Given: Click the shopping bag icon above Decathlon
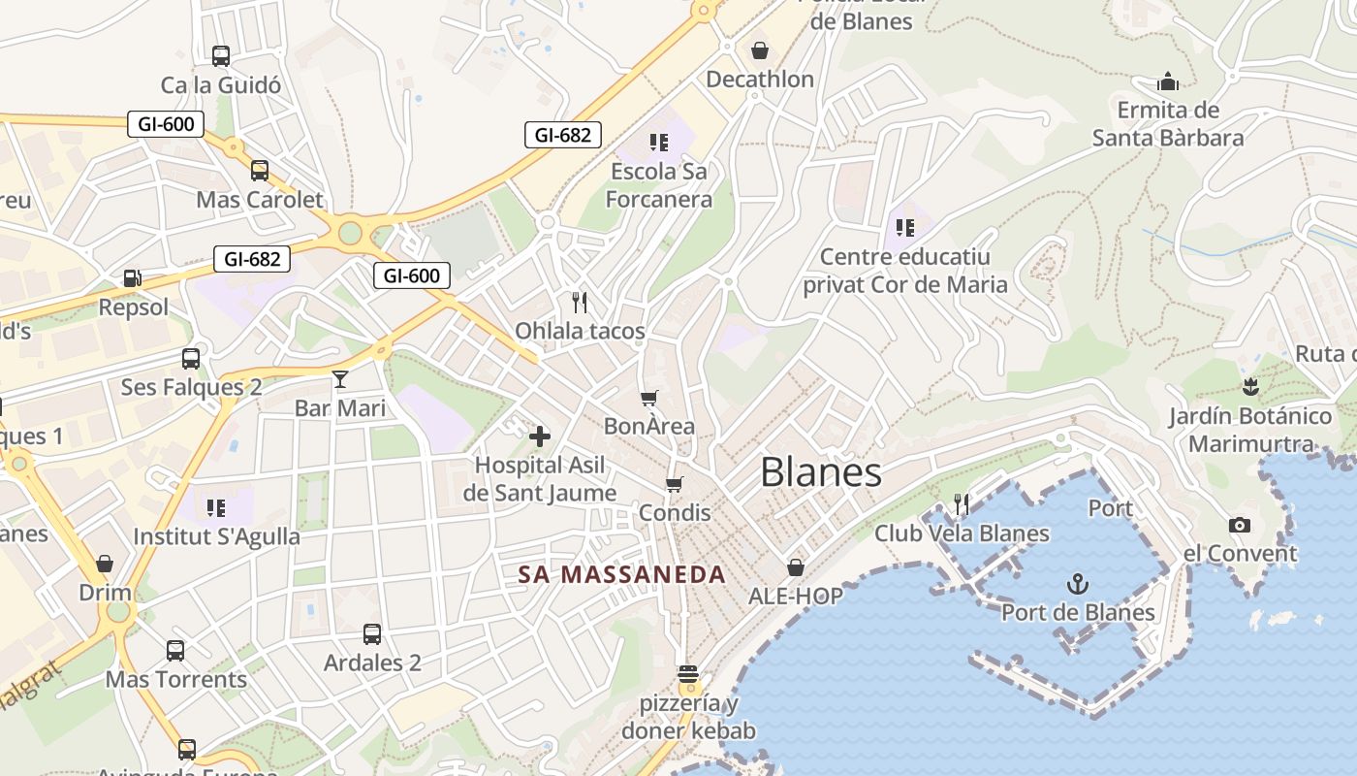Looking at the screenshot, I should (759, 49).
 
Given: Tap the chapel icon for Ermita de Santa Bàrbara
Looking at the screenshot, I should (1168, 81).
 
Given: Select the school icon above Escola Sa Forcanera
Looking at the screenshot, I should (659, 143).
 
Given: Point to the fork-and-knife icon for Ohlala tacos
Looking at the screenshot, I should (580, 302).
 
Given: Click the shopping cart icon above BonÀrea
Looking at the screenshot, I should (649, 398).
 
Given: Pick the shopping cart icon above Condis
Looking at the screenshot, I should (675, 484).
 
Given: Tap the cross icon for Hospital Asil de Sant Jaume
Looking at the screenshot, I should (540, 436).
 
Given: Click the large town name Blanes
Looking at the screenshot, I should (821, 472).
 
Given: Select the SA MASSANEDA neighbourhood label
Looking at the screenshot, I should (621, 574).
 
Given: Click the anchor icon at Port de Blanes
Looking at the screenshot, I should (1077, 583).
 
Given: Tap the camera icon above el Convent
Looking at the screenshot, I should (1239, 525).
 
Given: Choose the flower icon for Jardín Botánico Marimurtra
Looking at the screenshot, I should (1249, 387).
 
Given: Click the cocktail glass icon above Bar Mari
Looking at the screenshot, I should (340, 378).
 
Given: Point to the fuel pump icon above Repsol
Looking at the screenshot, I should (133, 278).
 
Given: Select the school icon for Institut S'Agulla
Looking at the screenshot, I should (216, 507).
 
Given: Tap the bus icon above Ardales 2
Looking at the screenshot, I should (372, 634).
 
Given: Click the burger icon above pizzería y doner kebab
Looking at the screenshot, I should (688, 673).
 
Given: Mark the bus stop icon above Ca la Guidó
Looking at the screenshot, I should (221, 55).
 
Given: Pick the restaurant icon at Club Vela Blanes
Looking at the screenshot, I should (962, 503).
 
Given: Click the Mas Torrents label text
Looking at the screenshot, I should (176, 679).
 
